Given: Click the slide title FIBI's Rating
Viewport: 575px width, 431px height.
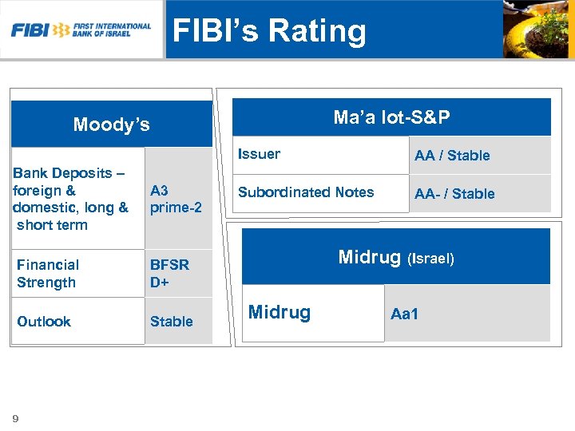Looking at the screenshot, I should pos(270,31).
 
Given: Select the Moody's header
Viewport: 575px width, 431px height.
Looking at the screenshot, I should pos(111,125).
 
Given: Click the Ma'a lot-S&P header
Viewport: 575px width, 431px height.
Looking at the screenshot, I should pos(391,118).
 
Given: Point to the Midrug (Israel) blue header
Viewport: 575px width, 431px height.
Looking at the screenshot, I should pos(396,258).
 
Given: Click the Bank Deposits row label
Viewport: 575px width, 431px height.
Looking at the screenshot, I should pos(71,199).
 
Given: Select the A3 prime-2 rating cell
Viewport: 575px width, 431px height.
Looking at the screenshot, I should pos(176,199).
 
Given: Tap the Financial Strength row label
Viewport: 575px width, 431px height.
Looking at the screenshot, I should pos(48,273).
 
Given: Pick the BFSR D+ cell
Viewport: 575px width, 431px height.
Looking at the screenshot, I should pos(169,273).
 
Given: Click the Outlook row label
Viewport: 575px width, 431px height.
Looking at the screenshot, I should pos(44,321).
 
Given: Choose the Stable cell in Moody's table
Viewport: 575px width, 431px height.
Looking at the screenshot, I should pos(172,321).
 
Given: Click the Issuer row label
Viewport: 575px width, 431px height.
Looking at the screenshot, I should pos(260,154).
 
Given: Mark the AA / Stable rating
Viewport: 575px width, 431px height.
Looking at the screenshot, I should pos(452,156).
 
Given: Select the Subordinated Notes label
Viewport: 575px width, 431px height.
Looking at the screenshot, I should pos(306,192).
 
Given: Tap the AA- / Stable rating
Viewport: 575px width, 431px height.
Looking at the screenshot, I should pos(454,194).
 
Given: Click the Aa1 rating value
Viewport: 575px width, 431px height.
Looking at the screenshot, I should pos(404,314).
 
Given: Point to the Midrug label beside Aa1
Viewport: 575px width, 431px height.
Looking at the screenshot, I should pos(279,312).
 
